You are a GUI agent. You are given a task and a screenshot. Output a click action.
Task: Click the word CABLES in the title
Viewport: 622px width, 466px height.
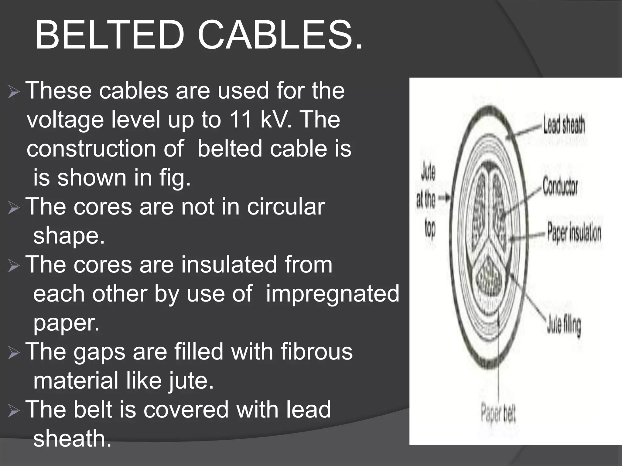pos(280,36)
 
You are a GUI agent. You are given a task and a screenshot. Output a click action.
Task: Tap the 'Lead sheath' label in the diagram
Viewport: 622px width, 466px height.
pos(564,125)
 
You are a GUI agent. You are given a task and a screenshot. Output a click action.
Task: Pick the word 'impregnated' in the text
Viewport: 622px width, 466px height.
pos(332,294)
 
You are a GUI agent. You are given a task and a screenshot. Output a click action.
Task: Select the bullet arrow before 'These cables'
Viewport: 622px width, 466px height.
pos(14,92)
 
